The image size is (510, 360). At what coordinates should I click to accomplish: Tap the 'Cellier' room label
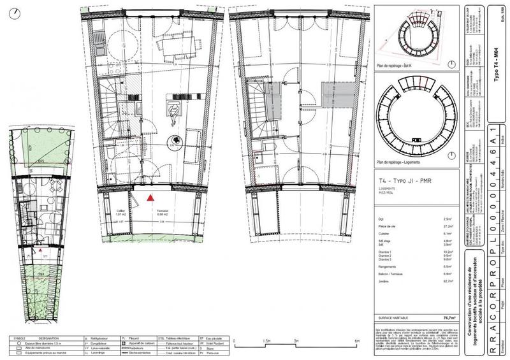(119, 210)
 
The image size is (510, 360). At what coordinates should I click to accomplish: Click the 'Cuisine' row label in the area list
(384, 233)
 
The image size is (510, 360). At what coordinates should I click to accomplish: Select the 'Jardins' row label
(384, 280)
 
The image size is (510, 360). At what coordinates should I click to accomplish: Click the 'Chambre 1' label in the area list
(386, 252)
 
